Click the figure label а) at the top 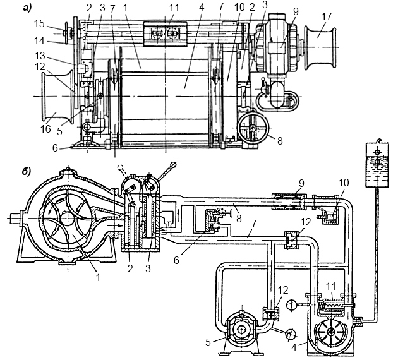click(x=27, y=8)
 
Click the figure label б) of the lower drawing click(x=26, y=172)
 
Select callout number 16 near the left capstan click(x=45, y=129)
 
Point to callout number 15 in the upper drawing click(x=39, y=24)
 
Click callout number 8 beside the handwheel click(x=280, y=141)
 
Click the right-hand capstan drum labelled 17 click(x=321, y=47)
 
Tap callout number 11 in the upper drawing click(x=174, y=8)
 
